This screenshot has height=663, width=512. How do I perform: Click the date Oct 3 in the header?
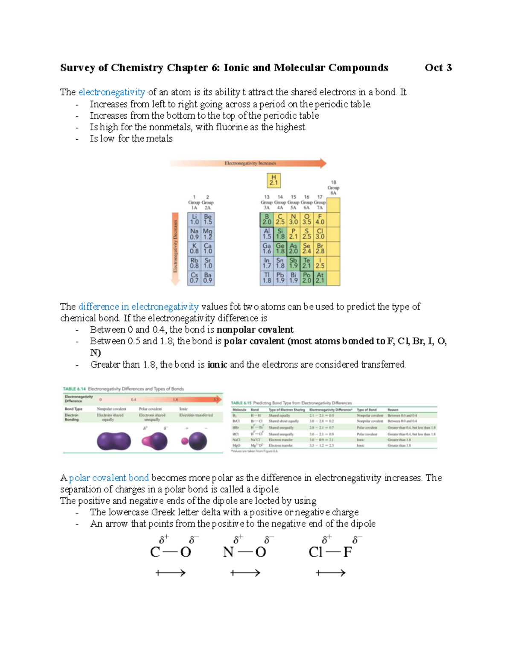tap(438, 68)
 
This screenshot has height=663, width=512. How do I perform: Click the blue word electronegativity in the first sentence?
tap(112, 92)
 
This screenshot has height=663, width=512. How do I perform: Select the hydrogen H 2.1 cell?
tap(273, 180)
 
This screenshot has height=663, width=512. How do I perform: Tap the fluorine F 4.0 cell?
tap(320, 219)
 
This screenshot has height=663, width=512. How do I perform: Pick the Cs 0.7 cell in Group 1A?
tap(194, 278)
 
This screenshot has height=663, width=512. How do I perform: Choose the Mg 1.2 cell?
tap(208, 234)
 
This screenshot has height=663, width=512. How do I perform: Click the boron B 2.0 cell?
tap(267, 219)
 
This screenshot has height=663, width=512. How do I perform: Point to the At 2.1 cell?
tap(320, 278)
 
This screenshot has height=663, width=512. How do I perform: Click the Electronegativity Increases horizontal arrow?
tap(248, 163)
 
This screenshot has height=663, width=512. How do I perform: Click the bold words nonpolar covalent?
tap(255, 330)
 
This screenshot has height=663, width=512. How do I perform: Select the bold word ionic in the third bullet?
tap(217, 365)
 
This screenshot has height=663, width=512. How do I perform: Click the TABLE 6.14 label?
tap(74, 389)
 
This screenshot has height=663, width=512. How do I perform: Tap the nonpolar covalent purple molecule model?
tap(113, 441)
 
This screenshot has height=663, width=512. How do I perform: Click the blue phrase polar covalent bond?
tap(109, 478)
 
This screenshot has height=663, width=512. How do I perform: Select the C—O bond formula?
tap(171, 552)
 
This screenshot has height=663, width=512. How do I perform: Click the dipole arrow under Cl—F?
tap(331, 573)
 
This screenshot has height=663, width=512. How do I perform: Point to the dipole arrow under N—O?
tap(245, 573)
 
